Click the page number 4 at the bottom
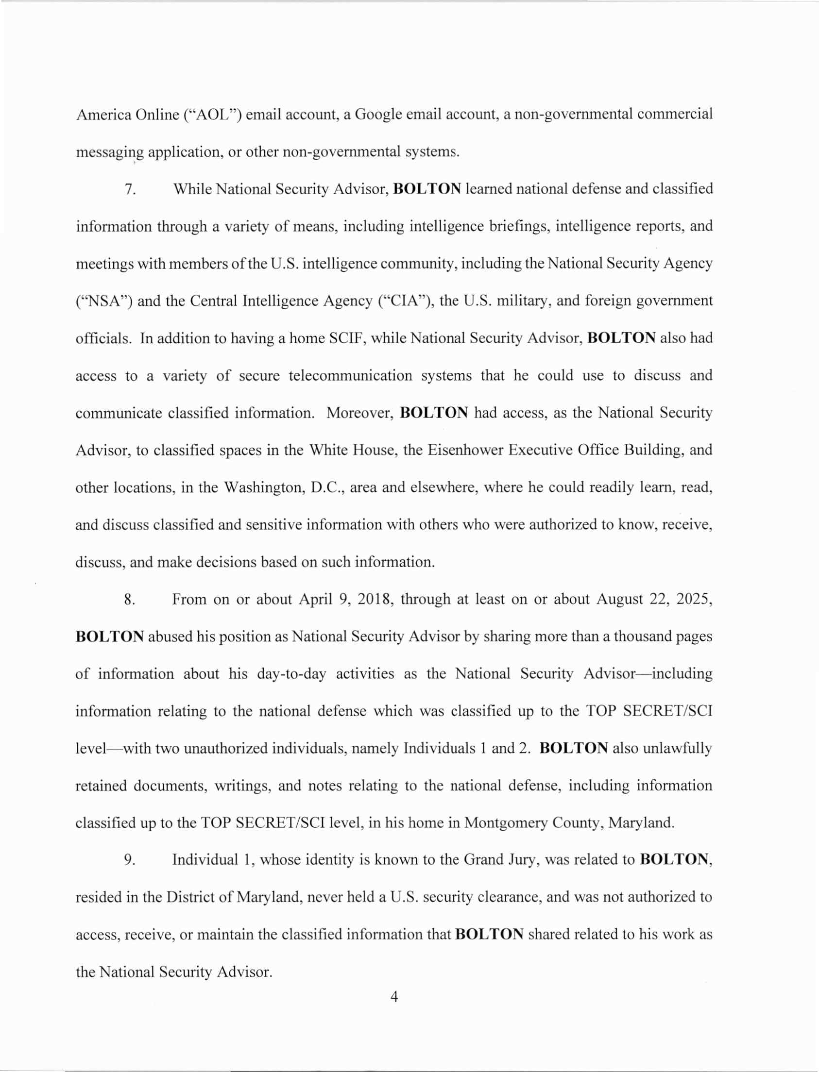394,997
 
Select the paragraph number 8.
130,599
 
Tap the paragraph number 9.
130,859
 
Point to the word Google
378,115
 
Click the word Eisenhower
465,450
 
